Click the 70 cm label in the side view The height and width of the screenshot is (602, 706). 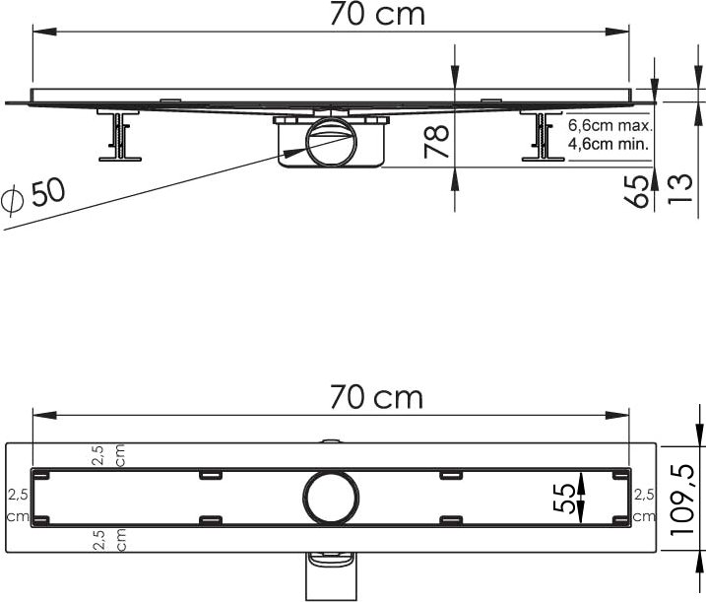coord(377,14)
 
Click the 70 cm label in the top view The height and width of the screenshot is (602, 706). coord(377,397)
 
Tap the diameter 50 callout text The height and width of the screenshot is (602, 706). coord(33,194)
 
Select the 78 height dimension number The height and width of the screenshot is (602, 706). coord(437,142)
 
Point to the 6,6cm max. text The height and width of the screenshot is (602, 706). coord(610,125)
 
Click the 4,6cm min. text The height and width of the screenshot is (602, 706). coord(609,144)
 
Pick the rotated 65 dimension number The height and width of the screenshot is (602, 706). coord(638,191)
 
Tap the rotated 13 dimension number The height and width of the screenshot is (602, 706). coord(679,189)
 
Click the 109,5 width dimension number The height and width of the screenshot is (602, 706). coord(681,499)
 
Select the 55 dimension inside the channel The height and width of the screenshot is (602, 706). coord(564,499)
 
